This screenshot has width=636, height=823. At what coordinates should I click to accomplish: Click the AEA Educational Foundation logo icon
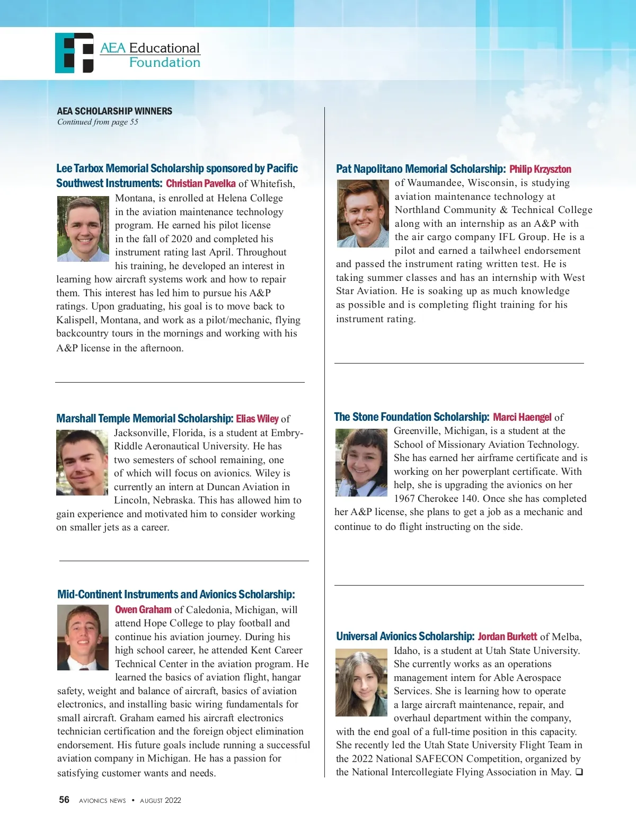pos(74,53)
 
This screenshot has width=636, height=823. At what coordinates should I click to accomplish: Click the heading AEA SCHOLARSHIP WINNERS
pos(114,111)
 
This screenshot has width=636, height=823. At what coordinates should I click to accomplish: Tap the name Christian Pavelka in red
pos(201,183)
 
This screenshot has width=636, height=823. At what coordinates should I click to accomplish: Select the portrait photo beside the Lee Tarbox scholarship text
pos(83,229)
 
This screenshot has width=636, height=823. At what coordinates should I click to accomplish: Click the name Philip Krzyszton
pos(540,169)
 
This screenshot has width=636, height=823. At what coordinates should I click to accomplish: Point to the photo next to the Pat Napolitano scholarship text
pos(363,214)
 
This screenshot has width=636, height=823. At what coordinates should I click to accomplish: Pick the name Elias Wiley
pos(257,419)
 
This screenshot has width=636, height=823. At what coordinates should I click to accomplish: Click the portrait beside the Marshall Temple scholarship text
pos(82,463)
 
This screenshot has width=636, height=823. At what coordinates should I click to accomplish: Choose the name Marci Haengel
pos(522,417)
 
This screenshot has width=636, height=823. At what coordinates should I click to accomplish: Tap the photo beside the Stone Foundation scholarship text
pos(361,463)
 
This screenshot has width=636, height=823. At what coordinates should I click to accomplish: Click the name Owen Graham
pos(143,609)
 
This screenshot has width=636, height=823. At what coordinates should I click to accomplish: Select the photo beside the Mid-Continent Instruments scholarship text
pos(83,638)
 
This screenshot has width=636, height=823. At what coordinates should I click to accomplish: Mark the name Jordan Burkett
pos(507,636)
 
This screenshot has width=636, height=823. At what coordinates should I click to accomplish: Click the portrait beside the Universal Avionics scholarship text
pos(361,684)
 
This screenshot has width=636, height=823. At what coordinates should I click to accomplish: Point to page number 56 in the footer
pos(64,800)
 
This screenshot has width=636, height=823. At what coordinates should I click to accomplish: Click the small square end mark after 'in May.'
pos(579,772)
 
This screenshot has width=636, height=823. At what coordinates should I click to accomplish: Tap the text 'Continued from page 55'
pos(98,122)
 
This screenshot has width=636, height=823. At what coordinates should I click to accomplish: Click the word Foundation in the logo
pos(165,63)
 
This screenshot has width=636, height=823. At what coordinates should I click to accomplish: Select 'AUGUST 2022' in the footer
pos(161,800)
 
